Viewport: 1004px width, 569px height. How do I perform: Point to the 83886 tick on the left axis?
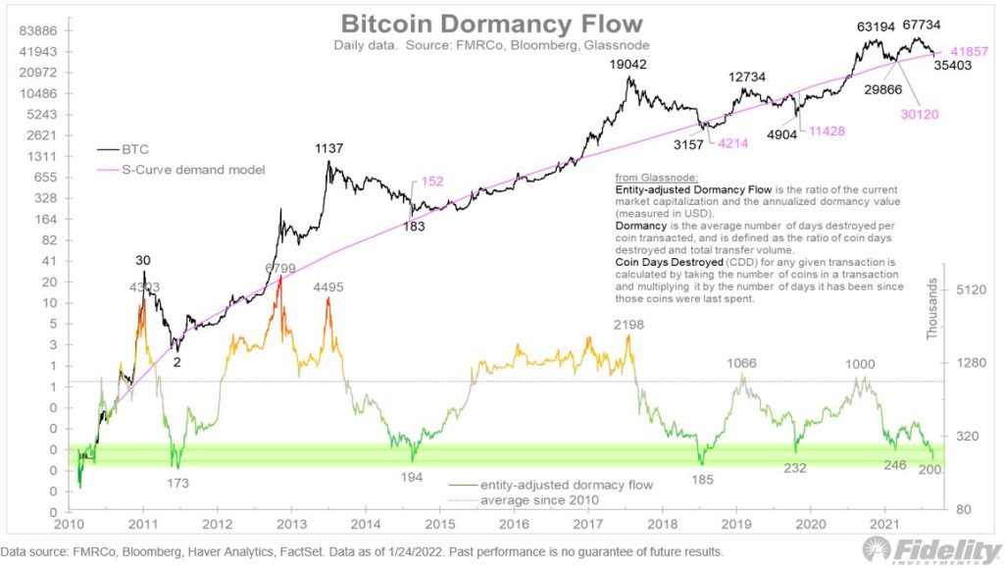[37, 30]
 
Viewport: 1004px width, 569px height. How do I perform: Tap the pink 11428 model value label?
[828, 131]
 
